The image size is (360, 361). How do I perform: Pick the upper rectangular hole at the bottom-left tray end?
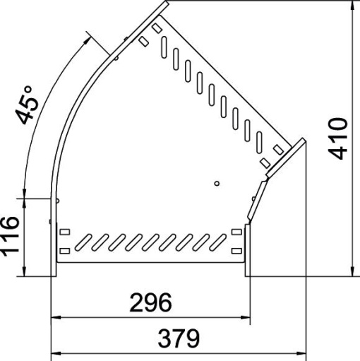[x=64, y=232]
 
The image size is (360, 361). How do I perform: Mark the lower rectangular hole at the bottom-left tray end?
[x=64, y=249]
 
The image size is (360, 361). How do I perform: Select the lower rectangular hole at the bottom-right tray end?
[x=235, y=249]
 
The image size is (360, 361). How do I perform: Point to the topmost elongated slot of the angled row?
[x=163, y=48]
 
